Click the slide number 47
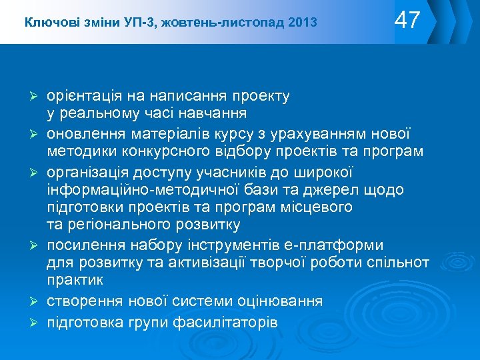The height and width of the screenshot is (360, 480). (407, 21)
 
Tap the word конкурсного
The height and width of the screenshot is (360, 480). (146, 151)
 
